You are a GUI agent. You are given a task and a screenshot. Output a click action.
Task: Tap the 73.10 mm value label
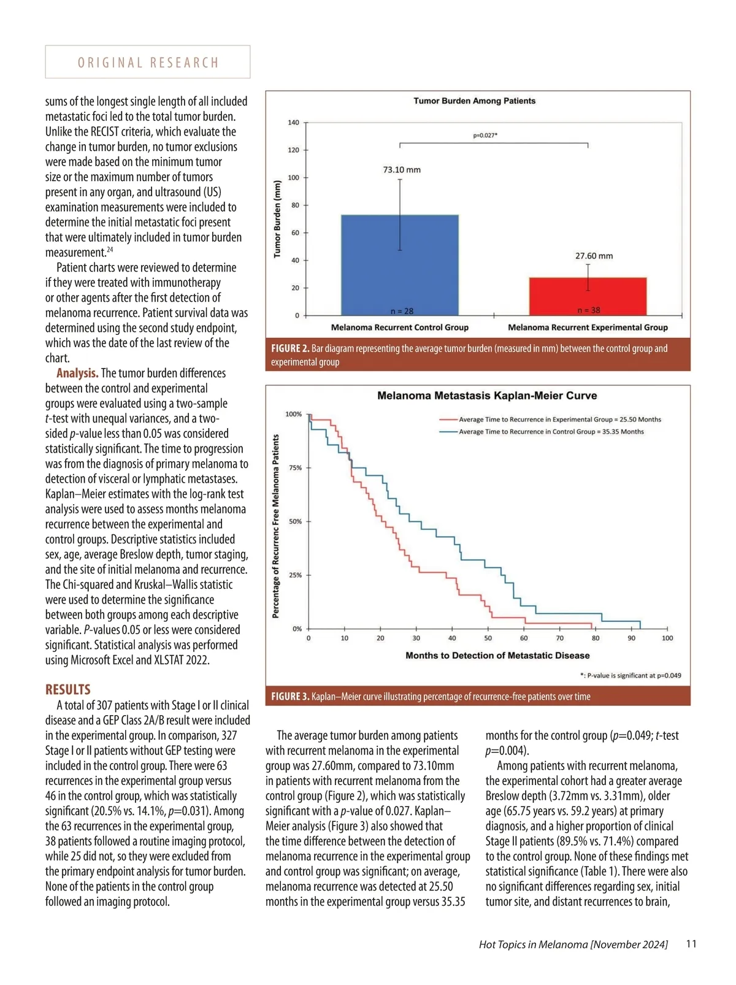click(x=402, y=170)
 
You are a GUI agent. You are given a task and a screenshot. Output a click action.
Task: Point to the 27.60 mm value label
click(x=594, y=256)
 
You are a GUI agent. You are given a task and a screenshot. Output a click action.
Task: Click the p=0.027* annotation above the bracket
click(x=485, y=135)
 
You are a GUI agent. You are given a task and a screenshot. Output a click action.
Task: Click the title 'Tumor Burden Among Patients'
click(x=474, y=101)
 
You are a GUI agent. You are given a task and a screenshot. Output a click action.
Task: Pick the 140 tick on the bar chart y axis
click(x=294, y=123)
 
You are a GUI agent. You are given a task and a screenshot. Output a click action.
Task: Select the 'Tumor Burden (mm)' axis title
click(x=277, y=219)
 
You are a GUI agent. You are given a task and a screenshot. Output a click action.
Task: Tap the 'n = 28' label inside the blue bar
click(x=402, y=311)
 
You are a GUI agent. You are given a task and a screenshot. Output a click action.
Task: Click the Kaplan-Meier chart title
click(x=487, y=396)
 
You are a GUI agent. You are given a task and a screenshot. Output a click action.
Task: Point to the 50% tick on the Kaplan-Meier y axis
click(x=295, y=521)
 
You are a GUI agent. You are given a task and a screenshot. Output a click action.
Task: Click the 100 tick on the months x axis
click(x=667, y=638)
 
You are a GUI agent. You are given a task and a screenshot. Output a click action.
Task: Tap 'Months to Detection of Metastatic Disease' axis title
click(x=497, y=656)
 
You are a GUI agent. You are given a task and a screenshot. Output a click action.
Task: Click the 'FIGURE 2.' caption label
click(x=290, y=349)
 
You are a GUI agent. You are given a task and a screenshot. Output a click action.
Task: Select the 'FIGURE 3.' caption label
click(x=290, y=697)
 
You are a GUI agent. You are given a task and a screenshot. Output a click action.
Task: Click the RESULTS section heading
click(x=68, y=689)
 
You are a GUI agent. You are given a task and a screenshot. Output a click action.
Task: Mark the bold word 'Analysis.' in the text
click(x=77, y=374)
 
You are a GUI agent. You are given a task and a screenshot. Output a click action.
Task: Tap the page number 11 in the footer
click(x=691, y=944)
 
